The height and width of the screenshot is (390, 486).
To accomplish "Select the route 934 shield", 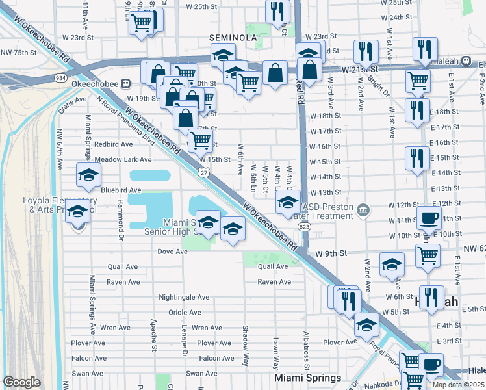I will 60,78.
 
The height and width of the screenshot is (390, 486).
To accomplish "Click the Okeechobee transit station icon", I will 127,83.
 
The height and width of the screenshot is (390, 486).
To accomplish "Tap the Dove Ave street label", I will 172,251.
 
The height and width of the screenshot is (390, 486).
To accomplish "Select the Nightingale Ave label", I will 185,297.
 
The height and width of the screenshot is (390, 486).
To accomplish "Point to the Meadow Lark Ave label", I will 123,159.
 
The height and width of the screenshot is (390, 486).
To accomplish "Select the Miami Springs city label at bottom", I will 308,378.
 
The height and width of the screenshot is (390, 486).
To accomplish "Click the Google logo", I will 21,382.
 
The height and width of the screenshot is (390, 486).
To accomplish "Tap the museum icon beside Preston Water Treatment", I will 363,209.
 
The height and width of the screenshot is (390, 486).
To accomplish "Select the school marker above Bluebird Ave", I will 88,174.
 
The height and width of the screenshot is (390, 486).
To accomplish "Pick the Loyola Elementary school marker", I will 78,212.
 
